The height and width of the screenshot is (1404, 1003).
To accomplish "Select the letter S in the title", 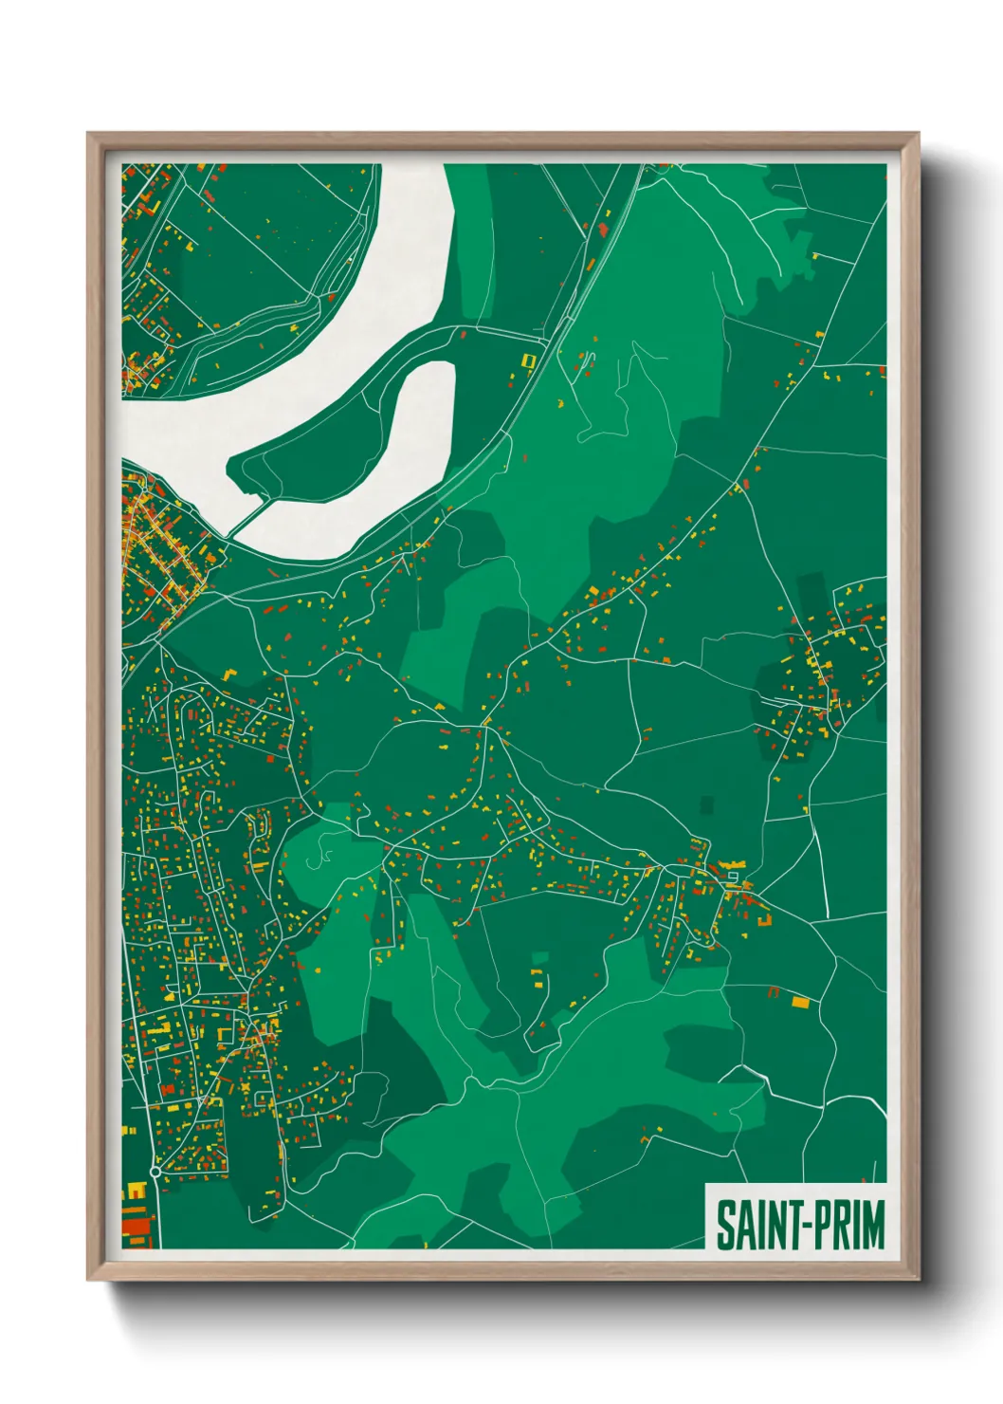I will [x=724, y=1225].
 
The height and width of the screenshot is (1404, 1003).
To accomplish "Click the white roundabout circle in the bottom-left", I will [x=155, y=1173].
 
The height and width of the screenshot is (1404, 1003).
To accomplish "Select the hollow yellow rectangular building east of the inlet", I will [x=529, y=360].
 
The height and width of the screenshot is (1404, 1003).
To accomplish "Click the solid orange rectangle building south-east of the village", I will [x=800, y=1001].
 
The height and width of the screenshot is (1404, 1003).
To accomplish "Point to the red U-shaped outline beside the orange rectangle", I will [x=773, y=992].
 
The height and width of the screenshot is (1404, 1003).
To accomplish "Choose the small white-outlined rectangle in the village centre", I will [x=733, y=877].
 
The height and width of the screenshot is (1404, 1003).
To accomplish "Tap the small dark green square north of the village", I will [x=705, y=804].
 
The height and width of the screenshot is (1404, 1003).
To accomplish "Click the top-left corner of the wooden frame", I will [x=88, y=134].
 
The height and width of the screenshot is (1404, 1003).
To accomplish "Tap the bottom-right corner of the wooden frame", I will [x=918, y=1280].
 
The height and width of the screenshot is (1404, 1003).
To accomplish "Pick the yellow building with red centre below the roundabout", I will [x=136, y=1190].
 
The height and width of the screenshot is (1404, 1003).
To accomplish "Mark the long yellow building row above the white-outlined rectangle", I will [x=731, y=864].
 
